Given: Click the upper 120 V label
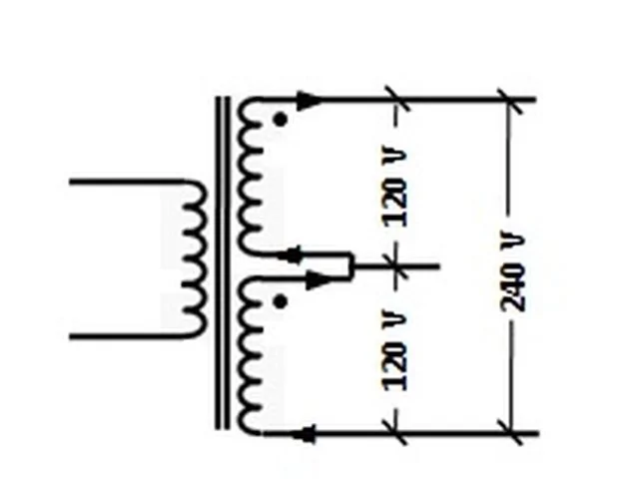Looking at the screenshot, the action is pos(394,188).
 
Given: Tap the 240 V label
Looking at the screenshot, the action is pos(512,272).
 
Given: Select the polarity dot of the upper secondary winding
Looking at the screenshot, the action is pos(280,120).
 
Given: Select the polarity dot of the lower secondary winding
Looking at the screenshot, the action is pos(280,301).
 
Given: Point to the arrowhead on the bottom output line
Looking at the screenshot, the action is pos(305,434).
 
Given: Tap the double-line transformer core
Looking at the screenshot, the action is pos(223,262).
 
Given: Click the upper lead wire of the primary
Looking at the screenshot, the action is pos(127,182).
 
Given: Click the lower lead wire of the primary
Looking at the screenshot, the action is pos(127,336).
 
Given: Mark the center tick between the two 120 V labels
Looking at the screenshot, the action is pos(395,266).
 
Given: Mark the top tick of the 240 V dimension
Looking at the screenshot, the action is pos(509,100).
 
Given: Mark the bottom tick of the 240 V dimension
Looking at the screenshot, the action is pos(510,432).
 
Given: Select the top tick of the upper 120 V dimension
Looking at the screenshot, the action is pos(396,99).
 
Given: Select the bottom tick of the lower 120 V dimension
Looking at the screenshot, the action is pos(394,432).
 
